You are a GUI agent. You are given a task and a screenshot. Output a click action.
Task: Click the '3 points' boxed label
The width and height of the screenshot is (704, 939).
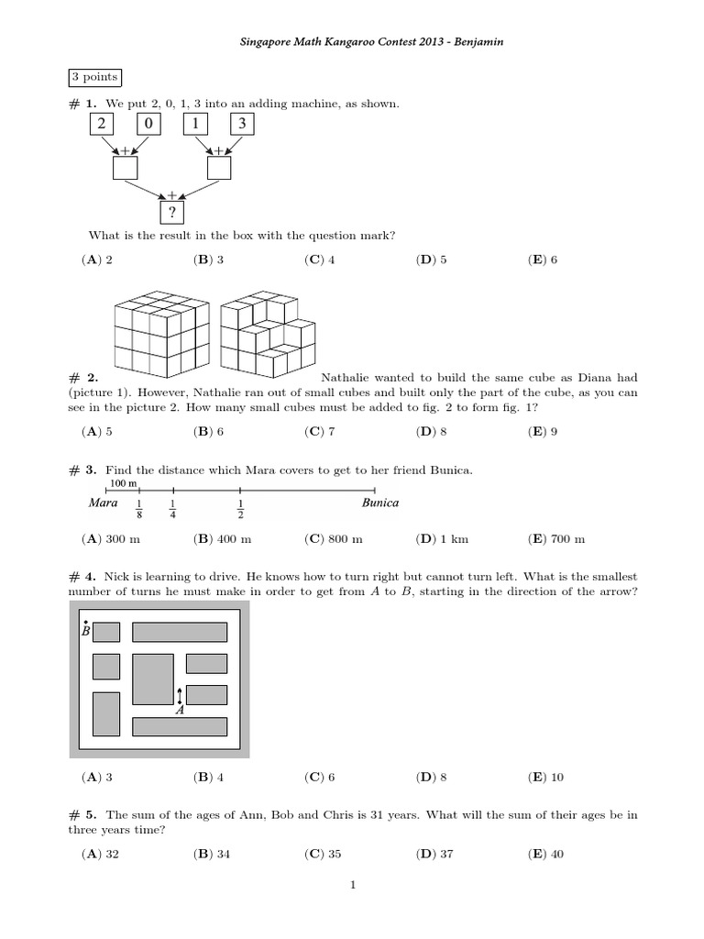pos(93,78)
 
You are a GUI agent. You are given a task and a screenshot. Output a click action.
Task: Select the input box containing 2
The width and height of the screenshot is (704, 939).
pos(102,123)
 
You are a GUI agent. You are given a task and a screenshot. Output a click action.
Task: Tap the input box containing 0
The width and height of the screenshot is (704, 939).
pos(149,123)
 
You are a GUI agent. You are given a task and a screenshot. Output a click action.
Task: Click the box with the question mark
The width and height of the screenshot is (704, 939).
pos(171,212)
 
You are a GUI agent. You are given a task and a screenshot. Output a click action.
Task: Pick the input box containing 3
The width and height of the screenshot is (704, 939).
pos(242,123)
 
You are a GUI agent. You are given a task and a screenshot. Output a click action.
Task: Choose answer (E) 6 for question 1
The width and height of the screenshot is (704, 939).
pos(543,260)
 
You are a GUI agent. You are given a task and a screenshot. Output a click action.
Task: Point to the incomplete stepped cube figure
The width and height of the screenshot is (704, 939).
pos(269,336)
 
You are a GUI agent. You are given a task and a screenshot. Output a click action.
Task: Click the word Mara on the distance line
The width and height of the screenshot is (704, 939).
pos(104,503)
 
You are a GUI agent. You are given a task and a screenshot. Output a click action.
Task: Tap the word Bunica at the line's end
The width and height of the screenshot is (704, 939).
pos(379,503)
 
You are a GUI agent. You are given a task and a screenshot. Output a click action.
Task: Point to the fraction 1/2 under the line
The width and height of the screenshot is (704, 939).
pos(241,509)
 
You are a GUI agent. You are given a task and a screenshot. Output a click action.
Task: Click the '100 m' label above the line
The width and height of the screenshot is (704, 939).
pos(124,483)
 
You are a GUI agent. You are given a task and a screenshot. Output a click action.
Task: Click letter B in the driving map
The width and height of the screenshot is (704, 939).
pos(85,631)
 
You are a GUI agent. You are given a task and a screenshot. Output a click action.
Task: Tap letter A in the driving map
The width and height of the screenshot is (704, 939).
pos(180,709)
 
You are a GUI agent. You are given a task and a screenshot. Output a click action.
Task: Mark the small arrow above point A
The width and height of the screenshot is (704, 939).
pos(180,694)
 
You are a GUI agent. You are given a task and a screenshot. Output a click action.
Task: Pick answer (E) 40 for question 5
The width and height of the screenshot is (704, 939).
pos(545,854)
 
